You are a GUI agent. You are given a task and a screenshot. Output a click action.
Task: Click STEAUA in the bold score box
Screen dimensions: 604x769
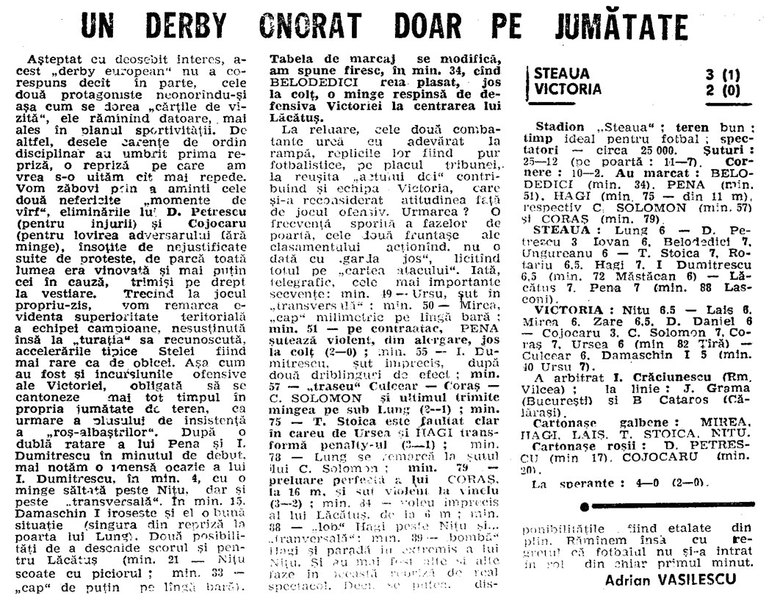[x=563, y=73]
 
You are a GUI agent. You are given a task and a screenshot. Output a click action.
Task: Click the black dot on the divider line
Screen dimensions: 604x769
[x=585, y=507]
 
